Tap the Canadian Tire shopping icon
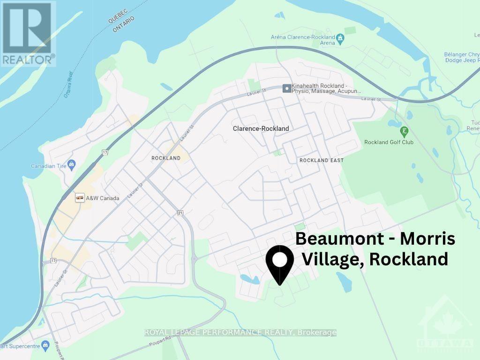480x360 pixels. [71, 164]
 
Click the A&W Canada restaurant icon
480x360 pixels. [80, 198]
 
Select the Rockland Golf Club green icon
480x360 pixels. [404, 131]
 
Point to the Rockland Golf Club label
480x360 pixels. [389, 142]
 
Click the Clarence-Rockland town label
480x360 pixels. [261, 128]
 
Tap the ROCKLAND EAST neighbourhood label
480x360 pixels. [322, 160]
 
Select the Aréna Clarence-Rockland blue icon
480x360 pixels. [341, 37]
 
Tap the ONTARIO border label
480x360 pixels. [123, 24]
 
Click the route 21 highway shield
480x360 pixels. [180, 213]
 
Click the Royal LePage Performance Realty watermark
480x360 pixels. [240, 332]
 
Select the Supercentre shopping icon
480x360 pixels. [45, 346]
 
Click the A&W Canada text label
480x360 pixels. [103, 198]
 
